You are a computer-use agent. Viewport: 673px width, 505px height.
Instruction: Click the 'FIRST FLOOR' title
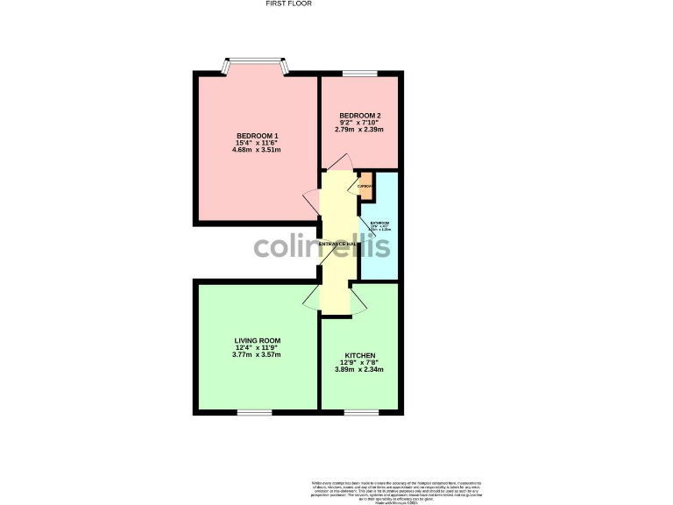[288, 4]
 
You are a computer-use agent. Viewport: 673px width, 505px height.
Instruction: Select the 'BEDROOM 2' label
[359, 116]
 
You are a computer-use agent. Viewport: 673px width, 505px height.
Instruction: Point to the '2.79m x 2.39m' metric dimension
[359, 130]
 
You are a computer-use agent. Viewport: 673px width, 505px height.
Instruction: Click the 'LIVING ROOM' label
[257, 340]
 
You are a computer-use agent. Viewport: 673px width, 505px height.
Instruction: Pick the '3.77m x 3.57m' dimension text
[257, 354]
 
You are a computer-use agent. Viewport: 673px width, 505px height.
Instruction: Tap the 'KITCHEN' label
[361, 355]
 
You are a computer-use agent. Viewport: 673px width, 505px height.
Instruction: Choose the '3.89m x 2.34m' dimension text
[361, 369]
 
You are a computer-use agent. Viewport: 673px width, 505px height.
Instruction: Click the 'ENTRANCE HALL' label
[338, 243]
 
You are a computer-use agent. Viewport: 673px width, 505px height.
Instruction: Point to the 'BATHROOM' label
[379, 224]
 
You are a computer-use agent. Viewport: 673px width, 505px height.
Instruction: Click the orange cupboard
[365, 186]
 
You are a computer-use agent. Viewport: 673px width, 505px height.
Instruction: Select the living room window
[255, 411]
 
